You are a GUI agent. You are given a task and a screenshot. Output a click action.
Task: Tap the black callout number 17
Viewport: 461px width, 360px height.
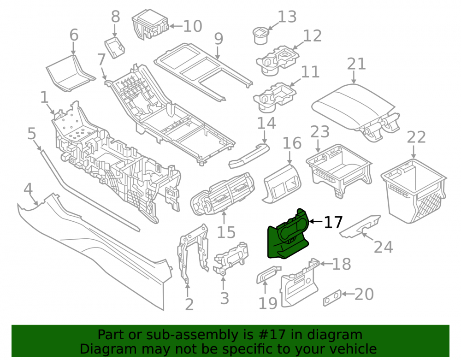coord(333,223)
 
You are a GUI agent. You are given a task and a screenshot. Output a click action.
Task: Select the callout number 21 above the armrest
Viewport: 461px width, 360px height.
coord(356,64)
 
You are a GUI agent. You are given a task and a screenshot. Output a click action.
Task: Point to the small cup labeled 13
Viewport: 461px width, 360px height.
coord(260,35)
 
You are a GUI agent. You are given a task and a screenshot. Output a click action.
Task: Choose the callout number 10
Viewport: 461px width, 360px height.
coord(193,26)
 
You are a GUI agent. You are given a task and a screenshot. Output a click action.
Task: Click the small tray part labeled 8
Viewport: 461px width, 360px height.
coord(115,47)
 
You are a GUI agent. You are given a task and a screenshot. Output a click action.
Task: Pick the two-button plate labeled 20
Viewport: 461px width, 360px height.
coord(332,298)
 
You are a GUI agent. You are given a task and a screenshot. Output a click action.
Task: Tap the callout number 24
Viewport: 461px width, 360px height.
coord(384,247)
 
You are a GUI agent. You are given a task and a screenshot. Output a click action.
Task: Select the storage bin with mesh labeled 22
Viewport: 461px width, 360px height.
coord(414,190)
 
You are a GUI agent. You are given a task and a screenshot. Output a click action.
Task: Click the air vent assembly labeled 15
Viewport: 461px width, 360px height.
coord(222,194)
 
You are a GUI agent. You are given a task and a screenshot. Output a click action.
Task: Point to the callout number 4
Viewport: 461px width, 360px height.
coord(28,189)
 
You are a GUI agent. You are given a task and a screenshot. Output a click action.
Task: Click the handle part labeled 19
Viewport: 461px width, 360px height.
coord(268,274)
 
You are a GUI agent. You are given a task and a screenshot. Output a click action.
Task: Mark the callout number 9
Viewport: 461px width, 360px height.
coord(219,39)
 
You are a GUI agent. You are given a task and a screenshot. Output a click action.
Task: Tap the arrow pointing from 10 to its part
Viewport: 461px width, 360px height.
coord(176,26)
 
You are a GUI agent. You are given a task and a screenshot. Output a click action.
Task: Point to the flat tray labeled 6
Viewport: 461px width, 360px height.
coord(71,73)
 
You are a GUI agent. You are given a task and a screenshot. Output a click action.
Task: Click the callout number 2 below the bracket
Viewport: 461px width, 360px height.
coord(189,305)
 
